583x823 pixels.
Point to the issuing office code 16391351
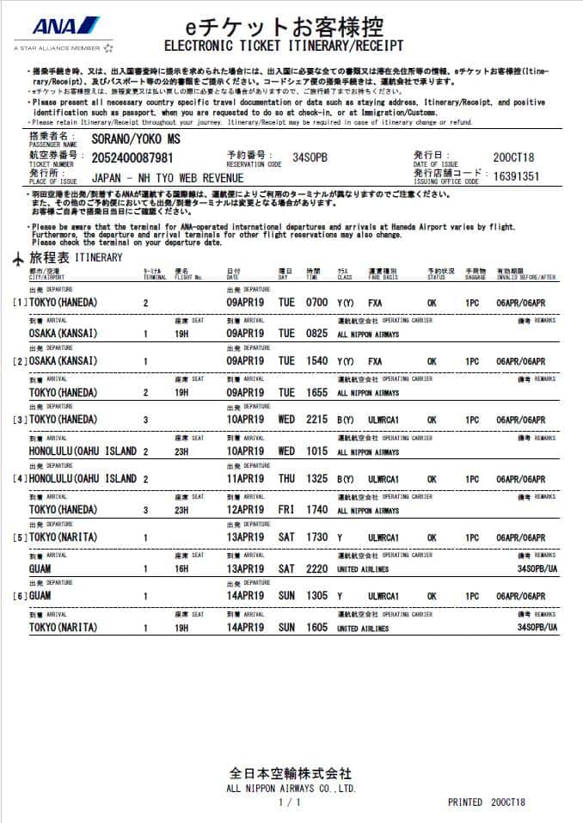514,176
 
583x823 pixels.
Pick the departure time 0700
316,303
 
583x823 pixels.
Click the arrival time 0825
316,333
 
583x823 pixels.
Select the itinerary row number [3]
20,421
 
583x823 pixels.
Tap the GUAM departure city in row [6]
42,596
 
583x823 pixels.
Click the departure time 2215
316,421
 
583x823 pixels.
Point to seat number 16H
182,568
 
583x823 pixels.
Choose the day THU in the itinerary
286,479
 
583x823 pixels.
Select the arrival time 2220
316,568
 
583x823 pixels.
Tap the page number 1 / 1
291,802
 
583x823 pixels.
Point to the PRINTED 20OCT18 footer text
486,802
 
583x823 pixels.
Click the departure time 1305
316,596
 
